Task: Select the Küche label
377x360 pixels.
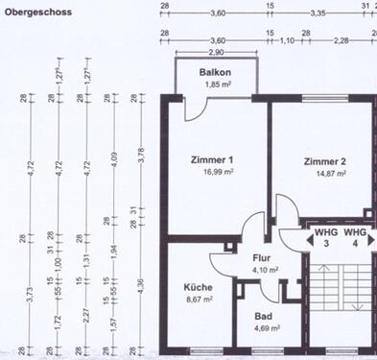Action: (x=199, y=287)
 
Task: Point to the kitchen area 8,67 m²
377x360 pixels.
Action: (x=200, y=300)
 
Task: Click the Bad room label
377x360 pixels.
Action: (x=262, y=316)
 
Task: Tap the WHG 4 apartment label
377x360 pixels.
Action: (x=356, y=239)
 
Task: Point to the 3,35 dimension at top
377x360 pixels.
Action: (x=318, y=12)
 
